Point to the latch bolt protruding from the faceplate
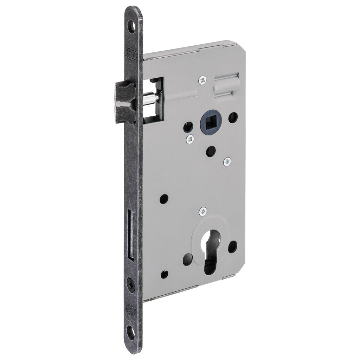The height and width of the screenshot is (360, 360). coord(125,97)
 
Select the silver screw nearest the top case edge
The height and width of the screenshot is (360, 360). coord(202,81)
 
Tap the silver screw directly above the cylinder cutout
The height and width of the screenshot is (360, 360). coord(203,212)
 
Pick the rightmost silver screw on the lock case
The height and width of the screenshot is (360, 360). coord(227,161)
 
